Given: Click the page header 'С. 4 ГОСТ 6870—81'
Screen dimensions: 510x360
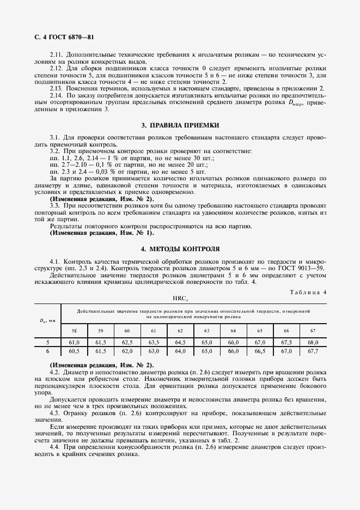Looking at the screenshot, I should coord(63,37).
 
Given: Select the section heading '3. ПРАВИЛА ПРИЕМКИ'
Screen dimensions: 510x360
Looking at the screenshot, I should coord(180,125).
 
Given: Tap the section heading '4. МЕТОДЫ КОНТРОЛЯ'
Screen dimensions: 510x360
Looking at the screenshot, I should coord(180,249).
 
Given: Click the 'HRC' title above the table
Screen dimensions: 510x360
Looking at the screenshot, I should coord(180,299).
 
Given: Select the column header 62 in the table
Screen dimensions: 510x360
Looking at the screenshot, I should coord(180,331).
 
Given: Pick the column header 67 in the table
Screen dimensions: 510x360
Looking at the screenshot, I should coord(312,331).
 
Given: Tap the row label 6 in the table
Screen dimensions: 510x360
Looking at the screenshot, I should coord(48,351).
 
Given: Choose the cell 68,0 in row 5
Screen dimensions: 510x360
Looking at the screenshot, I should coord(313,342).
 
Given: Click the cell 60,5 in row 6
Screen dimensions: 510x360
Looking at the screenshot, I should coord(74,351).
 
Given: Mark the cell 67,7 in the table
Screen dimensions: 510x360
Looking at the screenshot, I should coord(313,351).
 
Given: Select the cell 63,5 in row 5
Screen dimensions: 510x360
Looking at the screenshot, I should coord(154,342).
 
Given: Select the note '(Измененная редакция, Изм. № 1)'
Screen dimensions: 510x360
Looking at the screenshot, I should coord(102,233).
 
